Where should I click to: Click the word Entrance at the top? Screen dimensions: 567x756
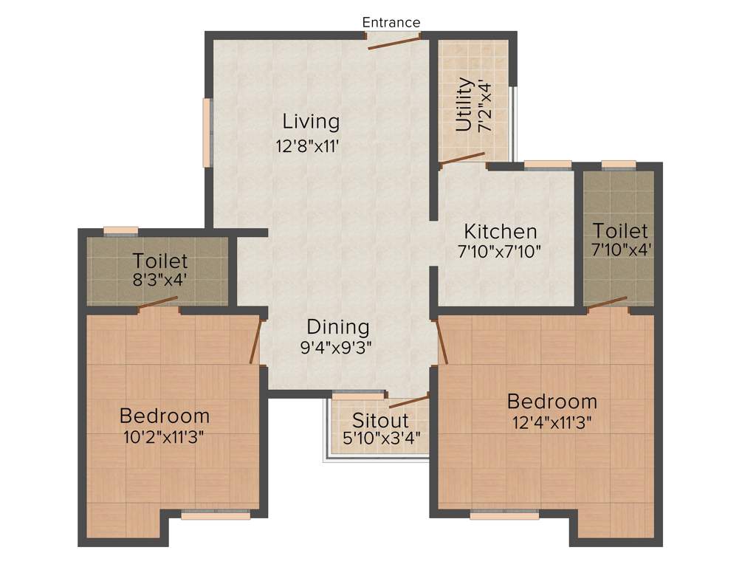pyautogui.click(x=391, y=22)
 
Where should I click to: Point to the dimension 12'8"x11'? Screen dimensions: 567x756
pyautogui.click(x=307, y=146)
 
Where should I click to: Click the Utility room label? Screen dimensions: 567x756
pyautogui.click(x=464, y=105)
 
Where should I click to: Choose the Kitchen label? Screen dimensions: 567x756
pyautogui.click(x=500, y=230)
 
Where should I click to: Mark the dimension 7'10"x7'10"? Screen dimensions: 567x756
pyautogui.click(x=500, y=251)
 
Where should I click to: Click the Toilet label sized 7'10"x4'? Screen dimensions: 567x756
pyautogui.click(x=619, y=230)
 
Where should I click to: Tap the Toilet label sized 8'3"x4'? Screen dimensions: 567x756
pyautogui.click(x=160, y=261)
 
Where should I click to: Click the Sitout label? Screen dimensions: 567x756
pyautogui.click(x=379, y=420)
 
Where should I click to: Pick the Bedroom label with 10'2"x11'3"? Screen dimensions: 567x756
pyautogui.click(x=164, y=415)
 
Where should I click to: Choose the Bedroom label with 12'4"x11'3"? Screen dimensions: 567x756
pyautogui.click(x=551, y=402)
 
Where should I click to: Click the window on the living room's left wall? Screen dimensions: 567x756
pyautogui.click(x=208, y=133)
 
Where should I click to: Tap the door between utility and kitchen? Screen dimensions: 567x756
pyautogui.click(x=462, y=159)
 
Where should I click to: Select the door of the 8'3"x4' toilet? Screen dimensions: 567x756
pyautogui.click(x=157, y=302)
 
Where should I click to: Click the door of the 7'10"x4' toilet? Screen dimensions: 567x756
pyautogui.click(x=607, y=303)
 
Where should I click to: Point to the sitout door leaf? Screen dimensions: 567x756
pyautogui.click(x=408, y=402)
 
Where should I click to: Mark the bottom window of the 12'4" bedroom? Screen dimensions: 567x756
pyautogui.click(x=504, y=515)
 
